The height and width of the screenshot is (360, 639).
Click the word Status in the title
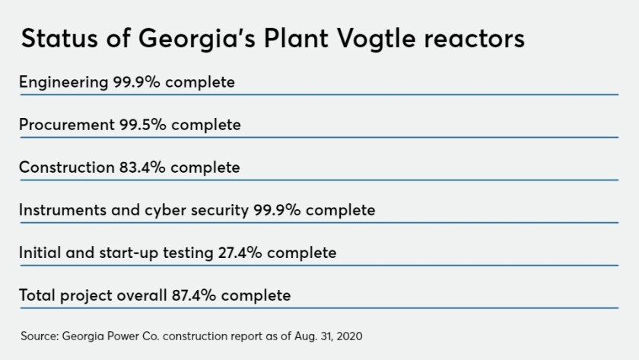tap(59, 38)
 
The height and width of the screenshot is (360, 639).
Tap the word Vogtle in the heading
tap(376, 40)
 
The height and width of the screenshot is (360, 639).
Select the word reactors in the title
tap(475, 40)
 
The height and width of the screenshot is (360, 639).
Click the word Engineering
tap(64, 83)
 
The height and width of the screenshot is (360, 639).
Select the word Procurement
tap(67, 125)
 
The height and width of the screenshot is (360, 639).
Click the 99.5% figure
tap(143, 125)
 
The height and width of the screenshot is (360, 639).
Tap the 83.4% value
tap(142, 167)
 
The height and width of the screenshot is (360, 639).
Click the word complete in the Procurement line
tap(206, 125)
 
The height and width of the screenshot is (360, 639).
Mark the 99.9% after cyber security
tap(277, 210)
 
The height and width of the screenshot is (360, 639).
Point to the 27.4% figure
tap(240, 253)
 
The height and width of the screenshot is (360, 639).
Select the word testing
tap(188, 253)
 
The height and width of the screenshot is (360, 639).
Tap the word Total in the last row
tap(37, 295)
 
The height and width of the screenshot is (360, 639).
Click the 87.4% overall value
tap(194, 295)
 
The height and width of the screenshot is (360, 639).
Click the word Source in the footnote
tap(40, 336)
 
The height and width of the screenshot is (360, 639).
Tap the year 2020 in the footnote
tap(350, 336)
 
